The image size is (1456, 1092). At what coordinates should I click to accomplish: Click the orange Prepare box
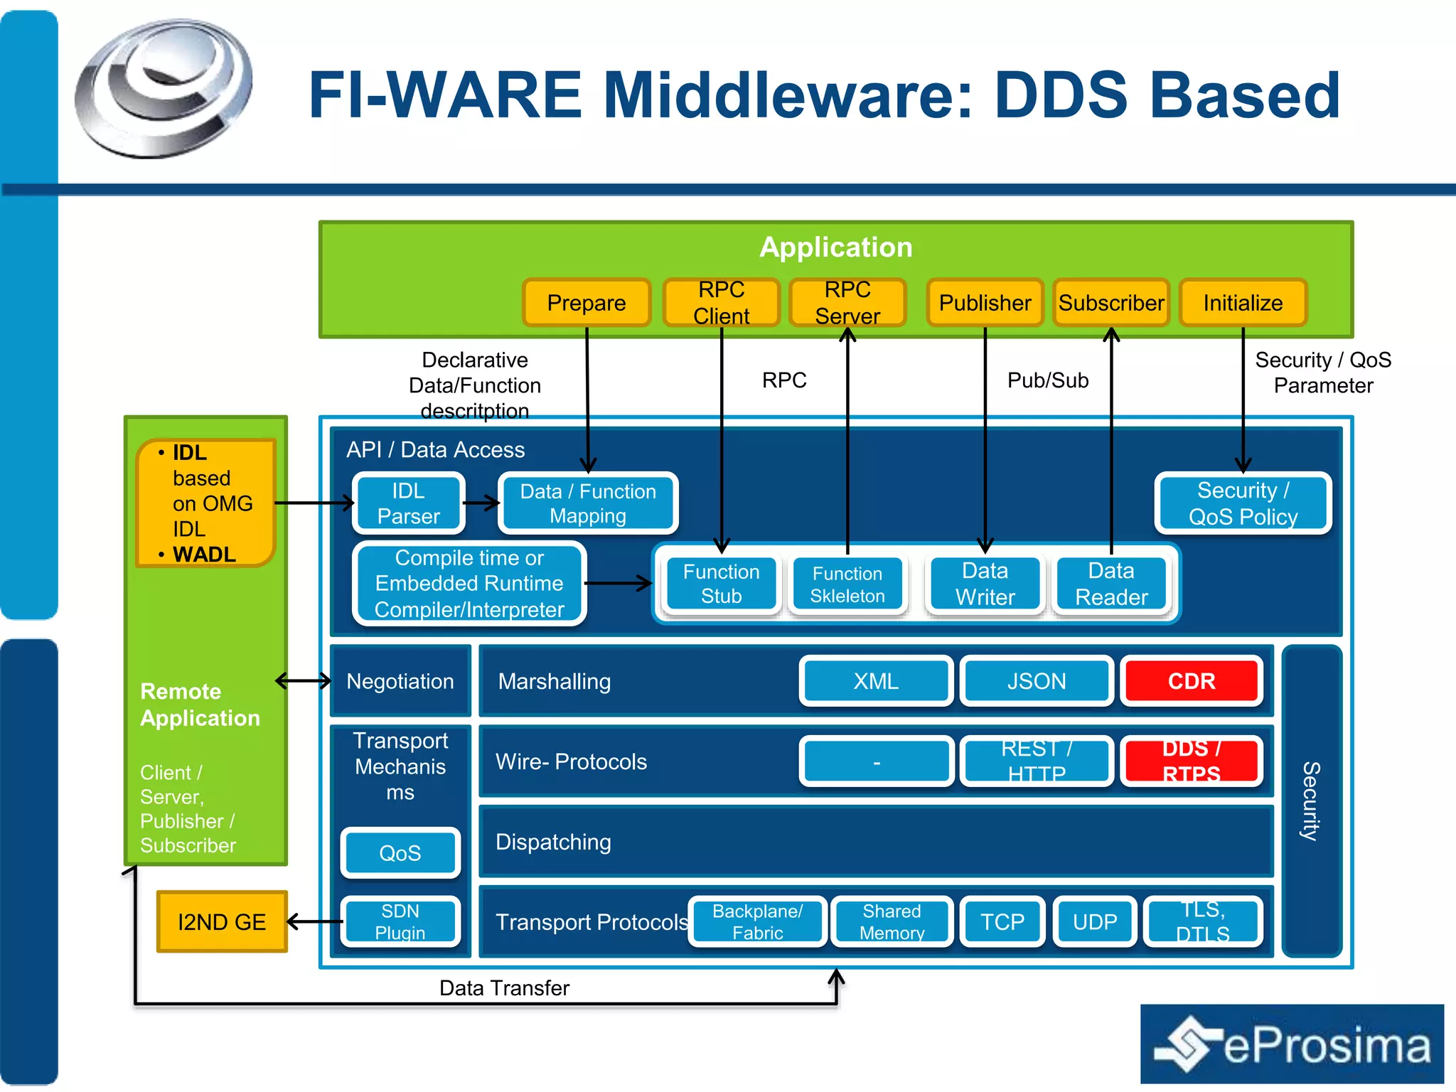click(x=587, y=303)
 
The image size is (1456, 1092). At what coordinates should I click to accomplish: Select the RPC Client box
click(x=721, y=303)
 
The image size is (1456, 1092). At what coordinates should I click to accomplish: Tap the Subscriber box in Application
click(x=1111, y=303)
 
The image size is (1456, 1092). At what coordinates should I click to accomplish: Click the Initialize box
click(x=1243, y=303)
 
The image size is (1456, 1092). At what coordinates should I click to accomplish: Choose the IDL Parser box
click(x=409, y=503)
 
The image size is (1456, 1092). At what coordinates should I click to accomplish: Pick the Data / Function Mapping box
click(x=588, y=503)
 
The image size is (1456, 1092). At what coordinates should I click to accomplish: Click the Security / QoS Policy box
click(x=1243, y=503)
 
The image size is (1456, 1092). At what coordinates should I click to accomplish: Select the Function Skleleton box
click(x=847, y=584)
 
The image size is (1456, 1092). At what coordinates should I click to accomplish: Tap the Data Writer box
click(x=985, y=584)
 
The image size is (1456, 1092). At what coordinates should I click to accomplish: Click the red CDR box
click(x=1192, y=681)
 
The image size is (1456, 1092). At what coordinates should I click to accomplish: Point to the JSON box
click(x=1037, y=681)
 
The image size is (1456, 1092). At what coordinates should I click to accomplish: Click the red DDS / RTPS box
click(x=1192, y=761)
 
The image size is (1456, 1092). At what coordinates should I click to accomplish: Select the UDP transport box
click(x=1095, y=922)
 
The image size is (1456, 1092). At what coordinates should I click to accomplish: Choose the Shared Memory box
click(x=892, y=922)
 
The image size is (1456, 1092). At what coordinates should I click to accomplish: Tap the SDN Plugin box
click(x=400, y=922)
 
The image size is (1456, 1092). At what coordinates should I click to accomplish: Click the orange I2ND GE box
click(x=222, y=922)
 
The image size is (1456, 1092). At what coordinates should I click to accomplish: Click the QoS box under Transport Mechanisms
click(x=400, y=852)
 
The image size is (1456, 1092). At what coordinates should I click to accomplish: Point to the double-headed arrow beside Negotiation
click(x=303, y=681)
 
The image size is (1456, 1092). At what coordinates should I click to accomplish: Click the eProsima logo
click(x=1292, y=1044)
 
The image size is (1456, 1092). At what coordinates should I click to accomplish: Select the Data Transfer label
click(x=504, y=988)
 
